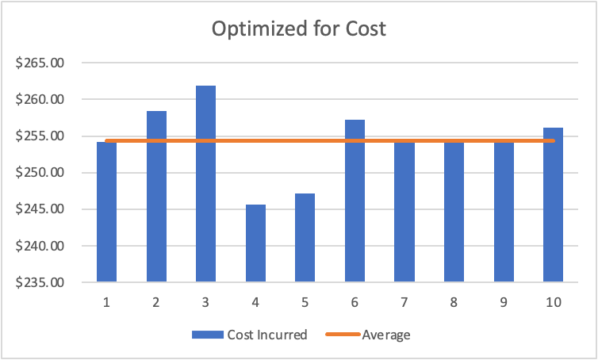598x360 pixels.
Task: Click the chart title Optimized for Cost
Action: click(x=298, y=29)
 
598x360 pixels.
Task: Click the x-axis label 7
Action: click(x=404, y=303)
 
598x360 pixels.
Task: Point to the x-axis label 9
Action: click(x=504, y=303)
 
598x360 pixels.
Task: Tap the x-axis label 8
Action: click(x=454, y=303)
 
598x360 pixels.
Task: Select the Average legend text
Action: click(x=386, y=335)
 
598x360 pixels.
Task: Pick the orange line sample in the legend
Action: click(x=343, y=335)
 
